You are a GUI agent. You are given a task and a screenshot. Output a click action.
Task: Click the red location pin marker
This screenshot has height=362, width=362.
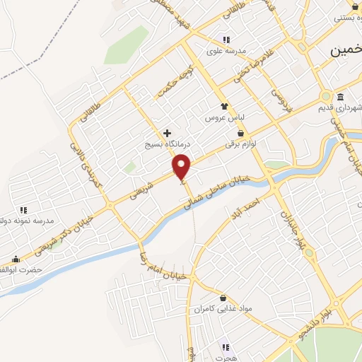point(182,167)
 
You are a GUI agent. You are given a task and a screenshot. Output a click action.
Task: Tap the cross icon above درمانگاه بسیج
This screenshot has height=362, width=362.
point(168,132)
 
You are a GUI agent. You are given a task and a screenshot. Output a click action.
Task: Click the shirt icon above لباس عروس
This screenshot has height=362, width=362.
point(224,106)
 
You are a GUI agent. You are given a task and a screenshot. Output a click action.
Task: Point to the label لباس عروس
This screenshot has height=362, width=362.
point(224,117)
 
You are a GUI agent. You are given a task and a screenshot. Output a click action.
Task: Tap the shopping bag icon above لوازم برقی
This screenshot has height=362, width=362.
point(240,133)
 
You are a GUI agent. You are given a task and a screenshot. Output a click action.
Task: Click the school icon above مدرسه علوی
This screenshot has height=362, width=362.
point(225,40)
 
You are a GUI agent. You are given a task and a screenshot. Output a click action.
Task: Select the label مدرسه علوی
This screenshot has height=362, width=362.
point(225,51)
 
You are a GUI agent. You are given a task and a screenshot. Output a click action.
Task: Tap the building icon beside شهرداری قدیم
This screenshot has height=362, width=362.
point(341,97)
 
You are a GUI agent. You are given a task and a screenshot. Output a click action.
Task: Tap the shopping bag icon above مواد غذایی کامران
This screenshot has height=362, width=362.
point(223,298)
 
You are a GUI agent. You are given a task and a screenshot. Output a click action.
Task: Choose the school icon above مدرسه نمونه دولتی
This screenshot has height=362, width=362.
point(23,210)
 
